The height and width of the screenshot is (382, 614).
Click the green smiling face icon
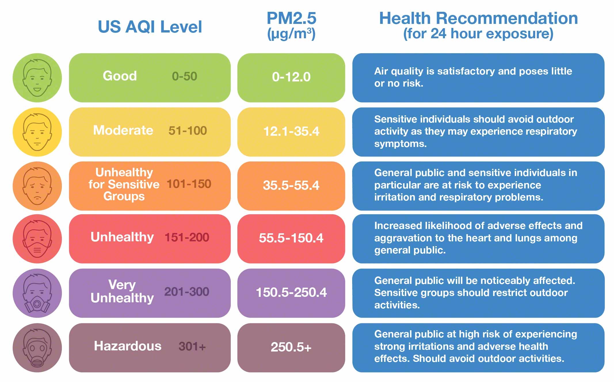pyautogui.click(x=37, y=78)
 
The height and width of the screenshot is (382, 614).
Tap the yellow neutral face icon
pyautogui.click(x=37, y=132)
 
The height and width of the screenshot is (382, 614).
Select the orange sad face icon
pyautogui.click(x=37, y=186)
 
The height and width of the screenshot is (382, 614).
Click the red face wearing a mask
pyautogui.click(x=37, y=239)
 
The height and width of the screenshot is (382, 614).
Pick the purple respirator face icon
pyautogui.click(x=37, y=293)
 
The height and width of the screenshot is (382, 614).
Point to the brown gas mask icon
pyautogui.click(x=37, y=347)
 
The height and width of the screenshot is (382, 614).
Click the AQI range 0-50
pyautogui.click(x=184, y=77)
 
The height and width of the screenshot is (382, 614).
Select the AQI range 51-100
pyautogui.click(x=188, y=131)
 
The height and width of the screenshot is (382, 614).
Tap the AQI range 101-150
pyautogui.click(x=189, y=184)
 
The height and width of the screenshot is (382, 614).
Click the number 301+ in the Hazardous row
pyautogui.click(x=192, y=347)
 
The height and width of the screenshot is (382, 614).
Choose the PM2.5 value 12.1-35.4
pyautogui.click(x=291, y=131)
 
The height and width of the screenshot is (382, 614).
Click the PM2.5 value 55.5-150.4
pyautogui.click(x=291, y=238)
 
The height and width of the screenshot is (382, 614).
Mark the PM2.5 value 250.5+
pyautogui.click(x=291, y=347)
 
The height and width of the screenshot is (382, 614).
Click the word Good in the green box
pyautogui.click(x=120, y=76)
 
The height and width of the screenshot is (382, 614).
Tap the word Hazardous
pyautogui.click(x=127, y=346)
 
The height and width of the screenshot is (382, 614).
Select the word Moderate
pyautogui.click(x=123, y=130)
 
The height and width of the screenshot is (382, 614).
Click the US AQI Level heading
pyautogui.click(x=150, y=27)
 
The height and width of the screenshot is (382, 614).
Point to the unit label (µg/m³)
pyautogui.click(x=291, y=34)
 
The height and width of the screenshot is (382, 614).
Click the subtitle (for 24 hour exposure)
pyautogui.click(x=478, y=34)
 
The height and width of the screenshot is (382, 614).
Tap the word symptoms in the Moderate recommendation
pyautogui.click(x=400, y=144)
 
